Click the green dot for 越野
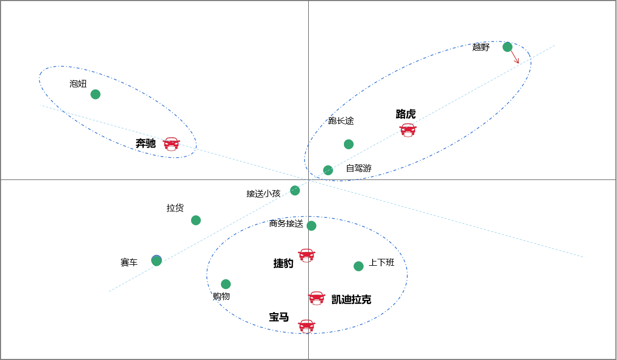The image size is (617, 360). click(x=507, y=47)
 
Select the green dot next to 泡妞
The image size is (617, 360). click(x=95, y=94)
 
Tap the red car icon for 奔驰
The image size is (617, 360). click(x=171, y=144)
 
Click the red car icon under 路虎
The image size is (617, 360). click(x=408, y=130)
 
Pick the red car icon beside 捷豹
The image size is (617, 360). click(x=307, y=255)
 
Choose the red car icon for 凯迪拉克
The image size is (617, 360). click(x=317, y=298)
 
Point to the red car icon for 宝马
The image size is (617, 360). click(x=307, y=325)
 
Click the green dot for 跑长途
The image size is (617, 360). click(x=349, y=144)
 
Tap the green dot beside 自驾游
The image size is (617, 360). click(x=328, y=170)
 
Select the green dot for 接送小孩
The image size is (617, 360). click(x=295, y=191)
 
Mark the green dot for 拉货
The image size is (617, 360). click(x=196, y=220)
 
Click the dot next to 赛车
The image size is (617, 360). click(x=157, y=260)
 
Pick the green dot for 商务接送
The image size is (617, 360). click(x=311, y=226)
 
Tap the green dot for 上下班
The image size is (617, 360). click(x=359, y=266)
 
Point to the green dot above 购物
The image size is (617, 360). click(x=226, y=284)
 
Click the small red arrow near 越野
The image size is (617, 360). click(x=515, y=57)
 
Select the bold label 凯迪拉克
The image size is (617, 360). click(x=351, y=299)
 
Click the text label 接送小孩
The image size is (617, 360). click(x=263, y=193)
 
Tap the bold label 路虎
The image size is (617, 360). click(x=406, y=114)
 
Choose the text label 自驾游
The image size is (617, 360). click(x=359, y=168)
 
